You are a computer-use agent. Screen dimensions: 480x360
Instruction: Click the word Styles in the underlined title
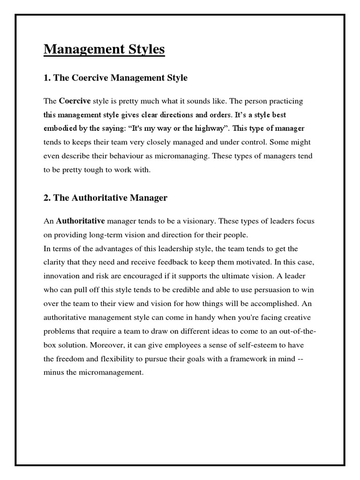point(144,49)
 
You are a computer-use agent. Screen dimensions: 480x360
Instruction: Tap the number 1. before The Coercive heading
point(47,78)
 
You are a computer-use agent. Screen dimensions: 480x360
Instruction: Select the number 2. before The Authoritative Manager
point(47,198)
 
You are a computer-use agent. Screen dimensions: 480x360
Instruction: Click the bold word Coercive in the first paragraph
point(75,101)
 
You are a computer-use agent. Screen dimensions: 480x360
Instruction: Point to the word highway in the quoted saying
point(210,128)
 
